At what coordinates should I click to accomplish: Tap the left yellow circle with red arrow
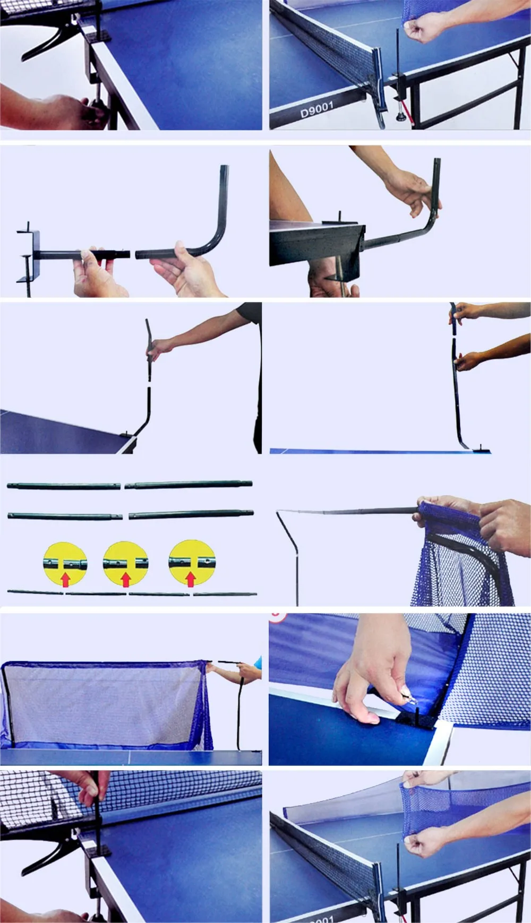tap(65, 564)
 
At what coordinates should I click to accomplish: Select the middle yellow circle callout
tap(126, 564)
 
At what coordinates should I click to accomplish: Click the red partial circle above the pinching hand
tap(278, 617)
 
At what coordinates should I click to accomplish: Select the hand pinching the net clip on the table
tap(366, 674)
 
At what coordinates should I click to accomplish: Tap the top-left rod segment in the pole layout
tap(64, 485)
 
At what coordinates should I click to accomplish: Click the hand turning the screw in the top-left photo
tap(58, 109)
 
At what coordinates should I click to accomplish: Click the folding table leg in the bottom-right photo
tap(512, 876)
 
